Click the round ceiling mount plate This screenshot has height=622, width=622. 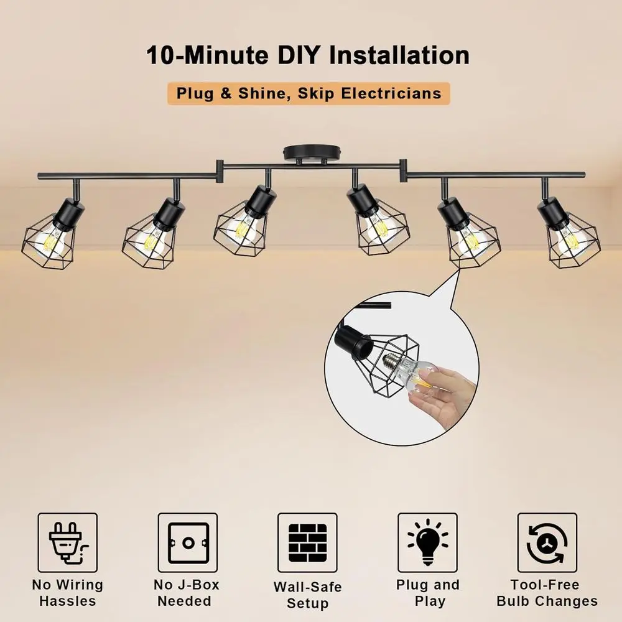point(312,152)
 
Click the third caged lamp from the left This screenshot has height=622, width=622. point(243,221)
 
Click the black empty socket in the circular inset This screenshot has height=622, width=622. point(354,340)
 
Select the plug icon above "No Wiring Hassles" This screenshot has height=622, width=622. point(68,542)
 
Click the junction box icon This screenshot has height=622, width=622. point(188,542)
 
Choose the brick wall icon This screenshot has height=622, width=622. point(307,542)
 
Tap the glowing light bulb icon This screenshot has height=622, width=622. point(428,542)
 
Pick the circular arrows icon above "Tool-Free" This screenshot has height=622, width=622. point(547,542)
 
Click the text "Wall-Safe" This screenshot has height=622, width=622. point(307,587)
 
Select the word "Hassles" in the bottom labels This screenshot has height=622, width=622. point(68,601)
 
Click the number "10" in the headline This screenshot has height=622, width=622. point(160,55)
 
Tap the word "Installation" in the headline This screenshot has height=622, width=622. point(399,55)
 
